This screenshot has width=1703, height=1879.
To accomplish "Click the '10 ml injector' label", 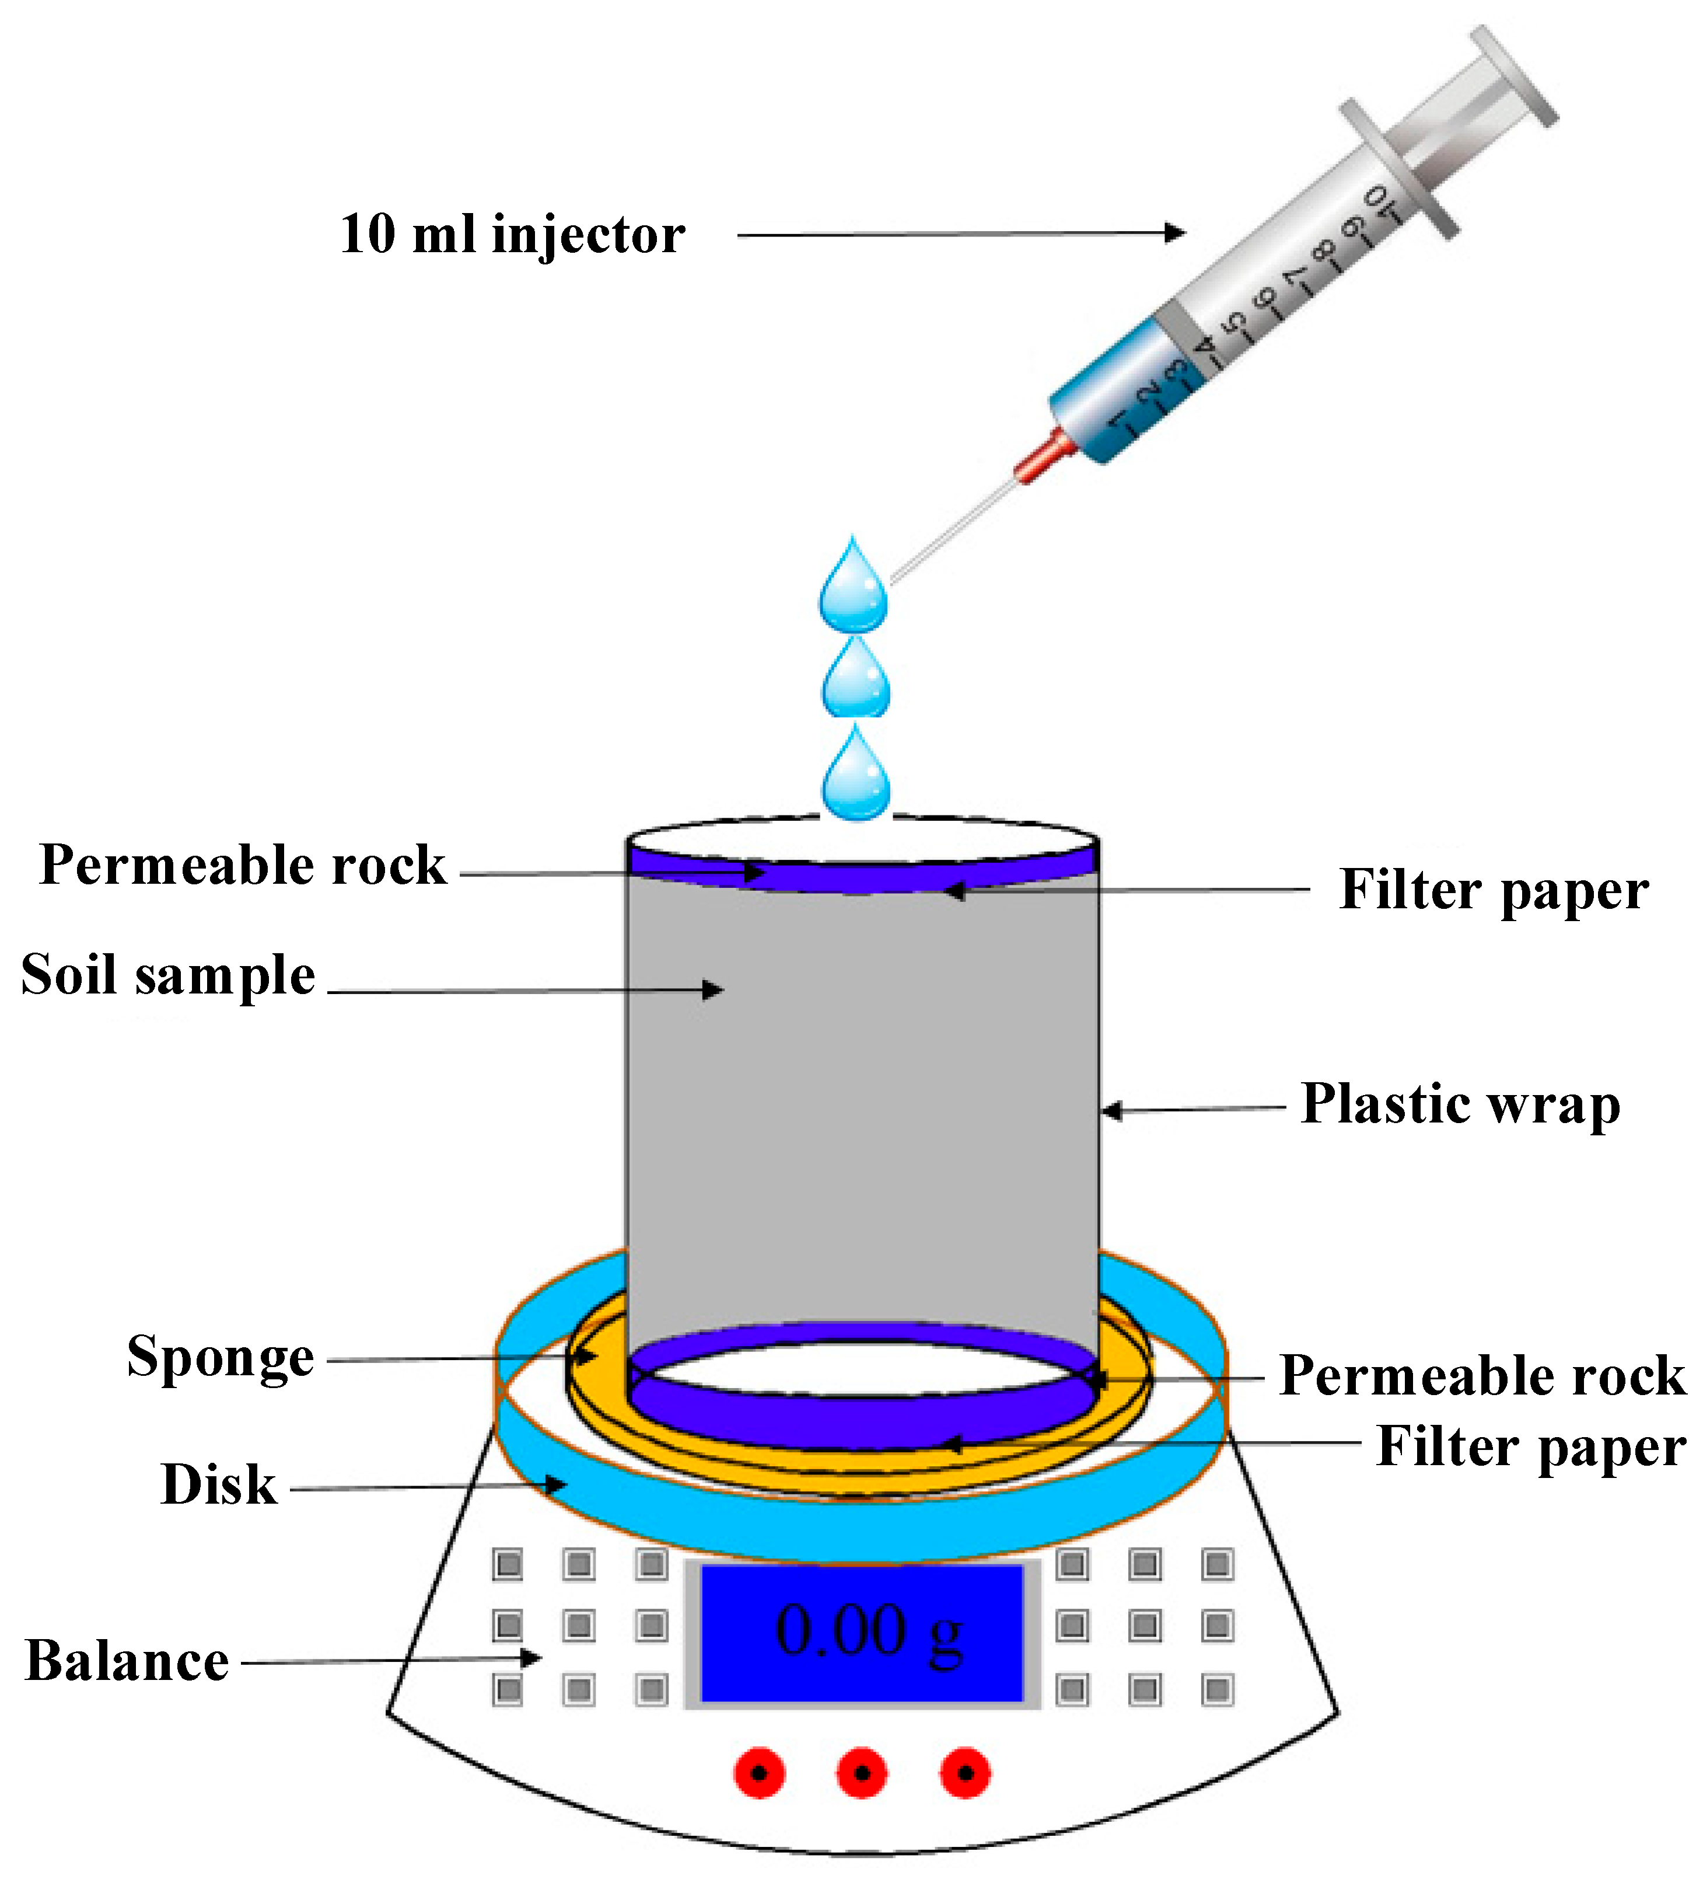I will (x=512, y=234).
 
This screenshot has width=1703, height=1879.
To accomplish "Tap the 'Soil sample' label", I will (x=167, y=976).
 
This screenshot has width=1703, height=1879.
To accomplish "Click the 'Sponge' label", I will (x=220, y=1357).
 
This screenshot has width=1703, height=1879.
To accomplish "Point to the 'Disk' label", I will (x=218, y=1485).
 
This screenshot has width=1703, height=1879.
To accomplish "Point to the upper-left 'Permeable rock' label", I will (x=242, y=866).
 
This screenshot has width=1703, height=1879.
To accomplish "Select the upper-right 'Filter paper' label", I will (x=1494, y=890).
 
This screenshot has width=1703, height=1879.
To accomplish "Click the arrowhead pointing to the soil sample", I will (x=714, y=990).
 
